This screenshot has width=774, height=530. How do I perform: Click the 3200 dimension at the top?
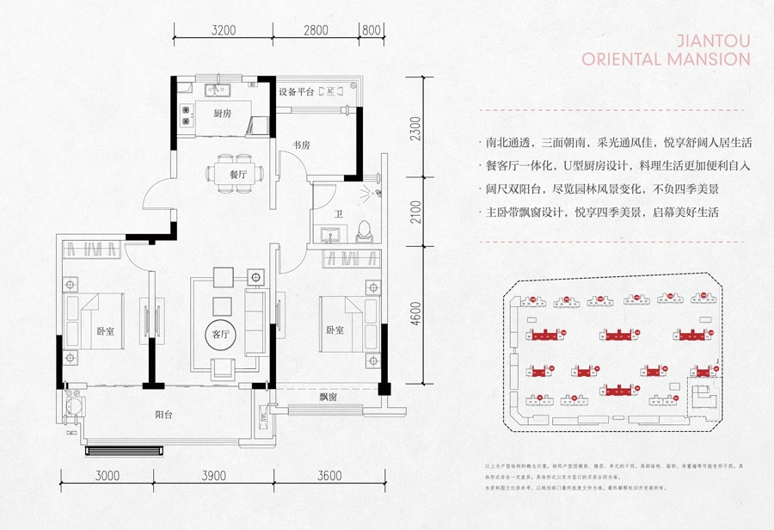click(223, 29)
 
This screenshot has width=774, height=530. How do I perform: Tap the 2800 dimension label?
click(316, 29)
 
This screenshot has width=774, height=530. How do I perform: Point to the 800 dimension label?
click(372, 29)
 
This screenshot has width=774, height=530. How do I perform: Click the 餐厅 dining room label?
click(239, 174)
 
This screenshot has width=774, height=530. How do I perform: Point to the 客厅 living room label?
click(222, 335)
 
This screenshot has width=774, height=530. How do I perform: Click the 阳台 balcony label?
click(164, 416)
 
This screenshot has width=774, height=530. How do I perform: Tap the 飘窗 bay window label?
click(327, 397)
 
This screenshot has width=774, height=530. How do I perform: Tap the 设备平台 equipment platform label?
click(296, 91)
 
